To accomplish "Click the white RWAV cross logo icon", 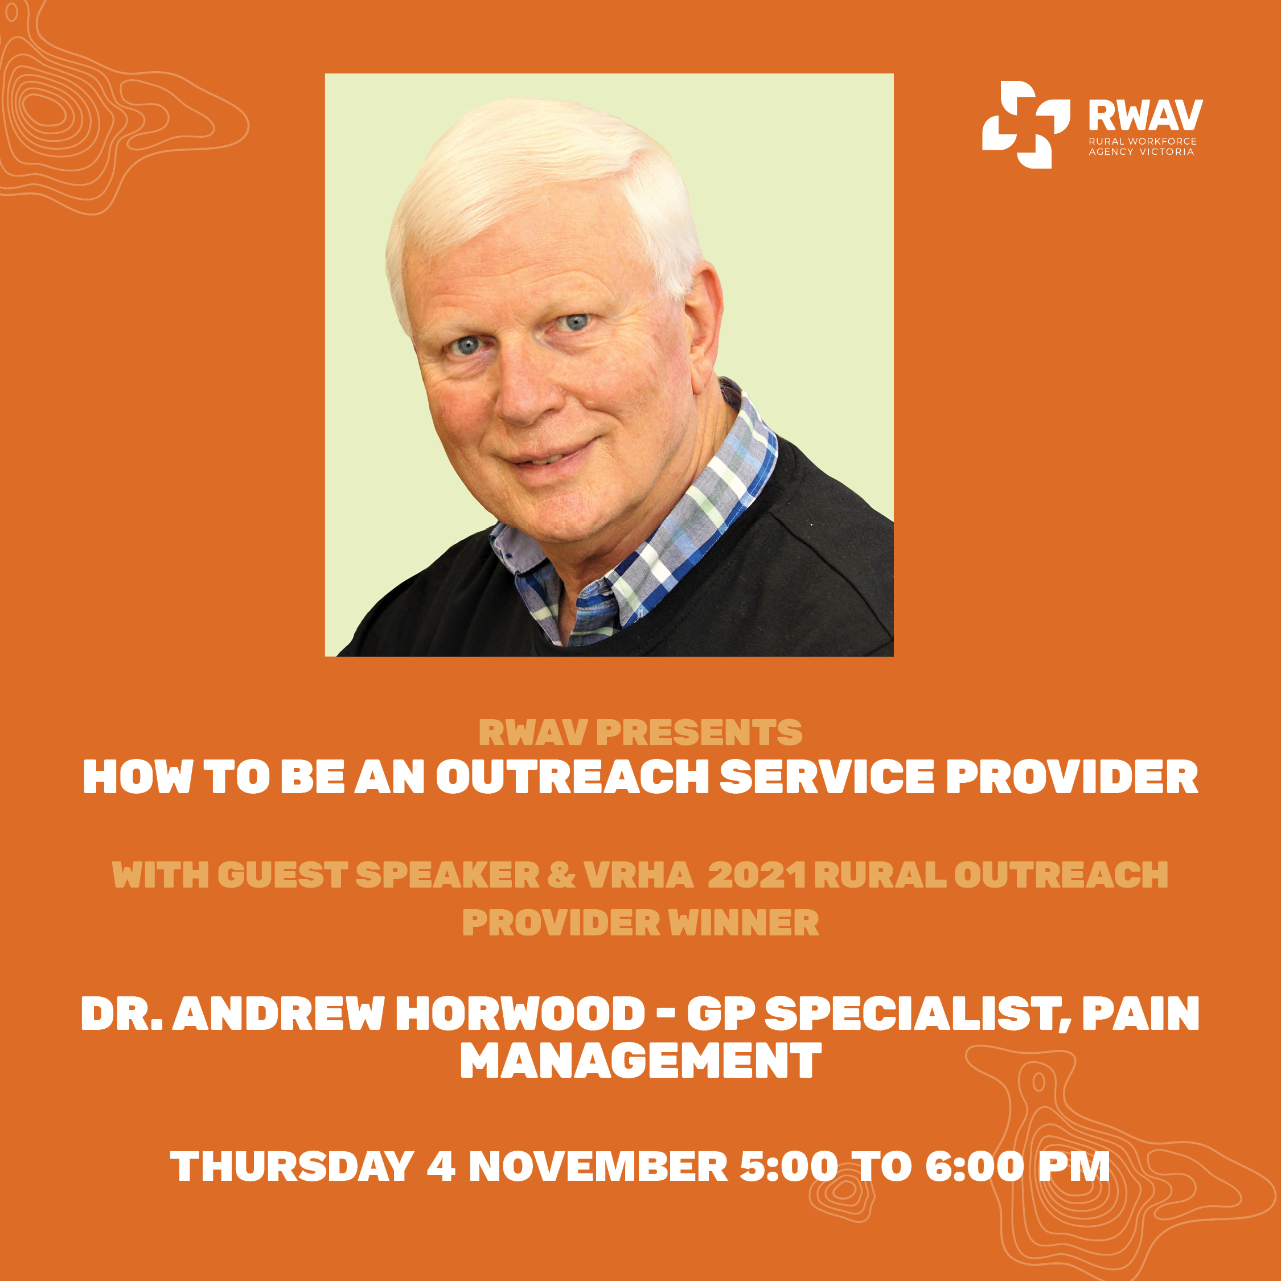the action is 1026,125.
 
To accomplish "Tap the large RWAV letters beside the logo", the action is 1145,116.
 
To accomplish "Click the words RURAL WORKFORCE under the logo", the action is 1143,141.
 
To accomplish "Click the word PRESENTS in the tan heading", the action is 699,733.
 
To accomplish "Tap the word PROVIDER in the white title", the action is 1072,777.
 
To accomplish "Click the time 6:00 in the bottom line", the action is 974,1167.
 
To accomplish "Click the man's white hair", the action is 544,179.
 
